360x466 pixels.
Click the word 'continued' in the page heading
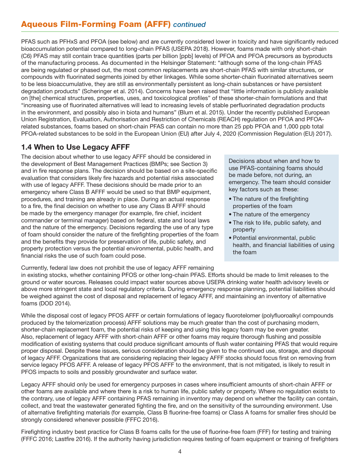189,25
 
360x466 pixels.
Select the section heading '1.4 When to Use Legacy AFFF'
75,147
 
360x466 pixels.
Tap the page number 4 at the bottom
180,451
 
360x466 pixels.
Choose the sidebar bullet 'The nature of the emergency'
271,214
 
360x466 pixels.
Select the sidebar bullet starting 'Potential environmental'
283,245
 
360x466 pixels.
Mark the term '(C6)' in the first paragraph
28,56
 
